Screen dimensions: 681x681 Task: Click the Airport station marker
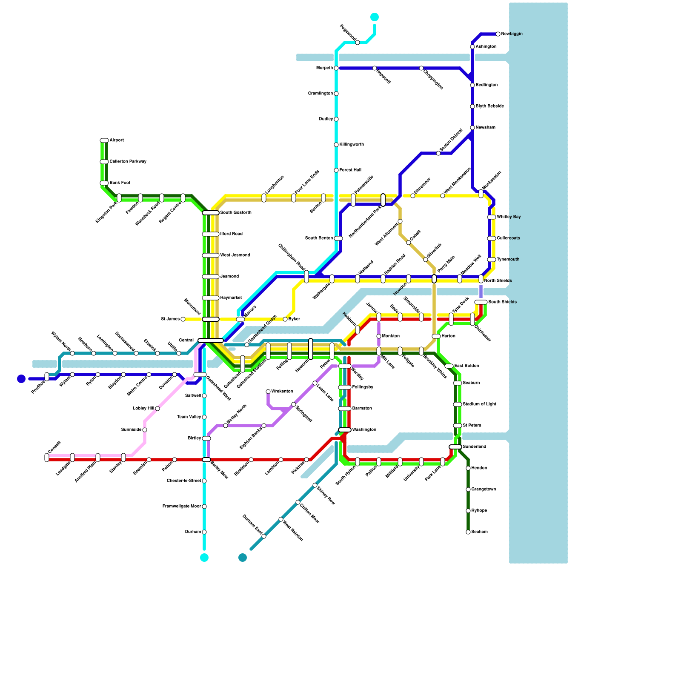[x=104, y=140]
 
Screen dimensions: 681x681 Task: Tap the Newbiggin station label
[x=512, y=34]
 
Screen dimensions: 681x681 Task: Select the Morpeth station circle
[x=336, y=68]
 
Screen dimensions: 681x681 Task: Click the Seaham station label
[x=479, y=532]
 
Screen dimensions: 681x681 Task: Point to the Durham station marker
[x=204, y=532]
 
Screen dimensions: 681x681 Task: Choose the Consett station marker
[x=47, y=458]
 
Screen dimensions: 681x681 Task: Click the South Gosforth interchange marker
[x=211, y=213]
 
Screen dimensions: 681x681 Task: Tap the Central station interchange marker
[x=211, y=340]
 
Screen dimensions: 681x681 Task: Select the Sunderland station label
[x=474, y=447]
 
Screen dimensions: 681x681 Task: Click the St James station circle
[x=183, y=319]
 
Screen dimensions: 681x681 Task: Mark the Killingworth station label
[x=352, y=145]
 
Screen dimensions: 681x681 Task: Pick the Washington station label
[x=364, y=430]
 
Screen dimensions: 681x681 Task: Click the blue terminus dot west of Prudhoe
[x=21, y=379]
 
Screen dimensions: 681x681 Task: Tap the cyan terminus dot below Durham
[x=204, y=558]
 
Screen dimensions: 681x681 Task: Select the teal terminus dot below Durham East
[x=243, y=558]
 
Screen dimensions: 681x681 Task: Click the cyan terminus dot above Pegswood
[x=375, y=17]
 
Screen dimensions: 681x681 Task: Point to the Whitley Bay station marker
[x=492, y=217]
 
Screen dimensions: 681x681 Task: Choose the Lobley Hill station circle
[x=157, y=409]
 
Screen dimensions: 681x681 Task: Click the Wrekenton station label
[x=282, y=392]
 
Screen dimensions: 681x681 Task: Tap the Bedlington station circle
[x=472, y=85]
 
